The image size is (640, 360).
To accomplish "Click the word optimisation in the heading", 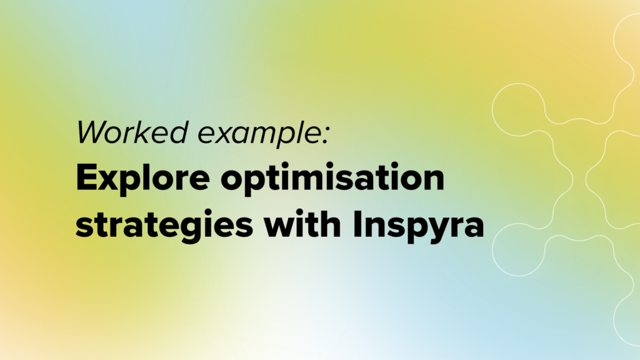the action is pos(332,179).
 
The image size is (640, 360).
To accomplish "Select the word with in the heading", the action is pos(302,224).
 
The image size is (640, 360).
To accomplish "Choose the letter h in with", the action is pos(329,224).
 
